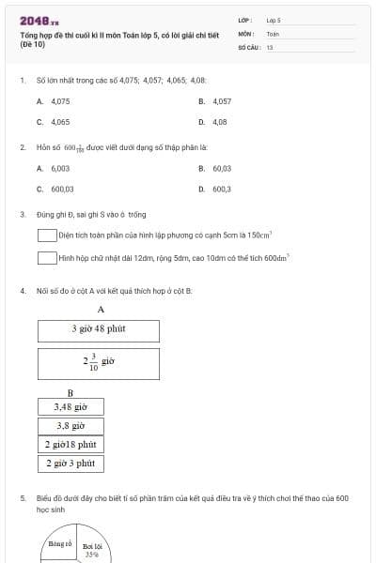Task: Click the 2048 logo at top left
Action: pos(39,20)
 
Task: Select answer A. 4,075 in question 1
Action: pos(54,100)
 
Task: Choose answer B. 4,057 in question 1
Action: pos(215,100)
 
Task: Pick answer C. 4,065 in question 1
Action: pos(54,122)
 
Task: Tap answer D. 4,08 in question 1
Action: pos(213,122)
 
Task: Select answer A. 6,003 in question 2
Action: pos(54,168)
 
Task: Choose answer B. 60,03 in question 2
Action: pos(215,168)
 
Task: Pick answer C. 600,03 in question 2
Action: pos(55,189)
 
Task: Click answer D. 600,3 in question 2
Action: pos(215,189)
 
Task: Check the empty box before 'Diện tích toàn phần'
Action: pos(47,235)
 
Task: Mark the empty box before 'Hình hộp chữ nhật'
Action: pos(47,256)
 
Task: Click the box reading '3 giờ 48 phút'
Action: pos(99,329)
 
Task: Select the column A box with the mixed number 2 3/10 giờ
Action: pos(99,362)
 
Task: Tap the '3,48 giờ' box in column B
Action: pos(70,407)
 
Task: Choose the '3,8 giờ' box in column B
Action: pos(70,425)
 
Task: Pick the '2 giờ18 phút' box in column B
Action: pos(70,444)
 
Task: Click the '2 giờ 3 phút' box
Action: pos(70,463)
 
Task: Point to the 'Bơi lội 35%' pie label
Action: pos(92,550)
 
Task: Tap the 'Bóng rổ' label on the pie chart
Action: pos(60,543)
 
